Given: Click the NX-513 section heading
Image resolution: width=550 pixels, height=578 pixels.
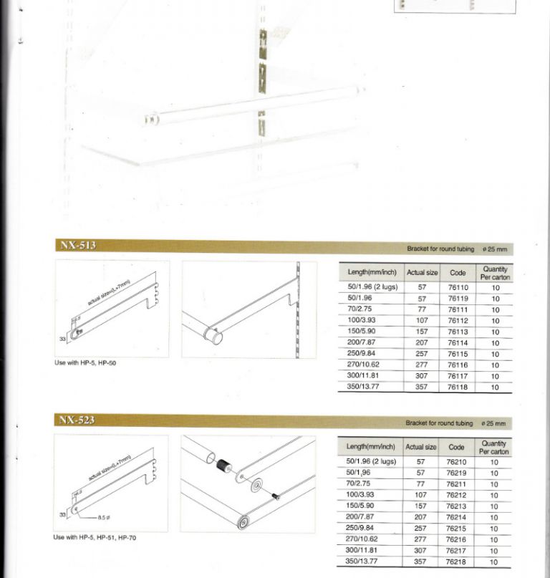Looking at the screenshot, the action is click(78, 245).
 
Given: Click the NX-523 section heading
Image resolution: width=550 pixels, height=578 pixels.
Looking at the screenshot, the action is click(77, 420).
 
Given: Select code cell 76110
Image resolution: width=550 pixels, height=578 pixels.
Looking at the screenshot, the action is click(458, 287).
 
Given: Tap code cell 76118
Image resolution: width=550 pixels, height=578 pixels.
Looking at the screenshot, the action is click(458, 387).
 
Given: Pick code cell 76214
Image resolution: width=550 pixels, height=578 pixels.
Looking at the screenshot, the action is click(456, 518).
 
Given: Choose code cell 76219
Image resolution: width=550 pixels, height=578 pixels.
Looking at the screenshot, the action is click(456, 473).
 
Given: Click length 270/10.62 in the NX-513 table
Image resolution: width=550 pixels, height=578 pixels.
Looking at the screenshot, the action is click(363, 365).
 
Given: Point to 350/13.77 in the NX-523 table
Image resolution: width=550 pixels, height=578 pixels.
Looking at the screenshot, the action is click(361, 562).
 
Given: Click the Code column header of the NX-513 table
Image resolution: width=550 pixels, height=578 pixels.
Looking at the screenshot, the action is click(458, 273).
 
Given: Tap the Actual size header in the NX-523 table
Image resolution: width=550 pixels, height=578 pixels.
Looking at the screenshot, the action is click(420, 447).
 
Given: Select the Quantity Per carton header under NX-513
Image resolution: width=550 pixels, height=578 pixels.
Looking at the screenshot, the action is click(495, 273).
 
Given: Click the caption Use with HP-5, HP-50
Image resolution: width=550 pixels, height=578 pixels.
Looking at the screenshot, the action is click(85, 362).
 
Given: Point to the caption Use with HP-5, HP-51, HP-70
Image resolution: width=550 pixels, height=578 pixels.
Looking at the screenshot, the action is click(95, 537).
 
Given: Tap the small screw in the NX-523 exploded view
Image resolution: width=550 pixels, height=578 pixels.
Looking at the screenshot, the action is click(276, 496).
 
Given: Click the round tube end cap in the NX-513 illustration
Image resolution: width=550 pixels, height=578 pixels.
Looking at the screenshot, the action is click(215, 336).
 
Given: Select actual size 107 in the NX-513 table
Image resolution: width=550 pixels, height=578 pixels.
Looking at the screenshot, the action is click(422, 321).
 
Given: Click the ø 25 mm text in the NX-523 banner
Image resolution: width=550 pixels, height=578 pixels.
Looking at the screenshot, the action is click(493, 423).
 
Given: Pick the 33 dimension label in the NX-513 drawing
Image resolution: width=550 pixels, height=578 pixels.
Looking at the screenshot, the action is click(62, 339).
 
